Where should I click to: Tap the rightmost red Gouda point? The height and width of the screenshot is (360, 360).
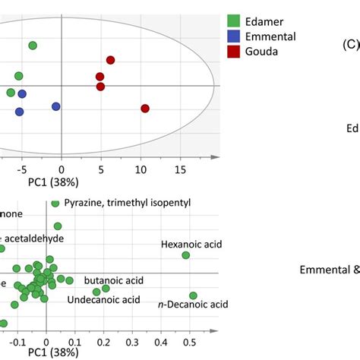(145, 109)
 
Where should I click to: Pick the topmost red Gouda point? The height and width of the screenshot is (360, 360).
(110, 60)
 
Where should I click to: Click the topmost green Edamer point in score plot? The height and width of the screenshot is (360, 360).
(33, 46)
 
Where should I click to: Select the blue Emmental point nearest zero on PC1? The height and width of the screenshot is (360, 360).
(55, 106)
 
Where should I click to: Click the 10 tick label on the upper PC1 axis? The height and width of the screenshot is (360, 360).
(140, 171)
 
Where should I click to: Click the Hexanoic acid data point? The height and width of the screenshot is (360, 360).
(186, 256)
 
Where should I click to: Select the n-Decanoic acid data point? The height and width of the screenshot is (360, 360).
(193, 295)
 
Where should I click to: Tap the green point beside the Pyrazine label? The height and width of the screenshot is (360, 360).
(55, 204)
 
